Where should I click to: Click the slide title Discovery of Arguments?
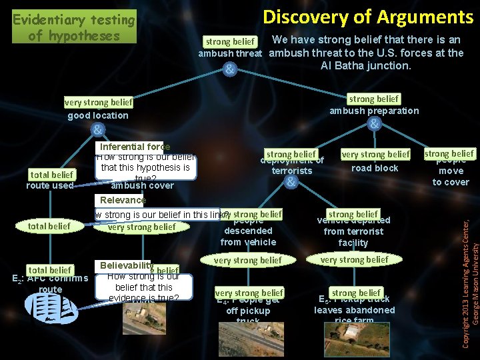[x=367, y=16]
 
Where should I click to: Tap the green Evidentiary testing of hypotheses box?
[x=73, y=27]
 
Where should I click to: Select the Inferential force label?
[x=135, y=147]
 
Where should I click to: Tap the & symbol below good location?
[x=97, y=129]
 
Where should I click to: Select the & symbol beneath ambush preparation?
[x=375, y=125]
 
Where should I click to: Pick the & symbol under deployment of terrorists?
[x=291, y=181]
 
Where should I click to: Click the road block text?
[x=375, y=168]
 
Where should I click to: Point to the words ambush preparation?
[x=374, y=111]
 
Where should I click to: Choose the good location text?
[x=98, y=115]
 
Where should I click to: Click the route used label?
[x=49, y=185]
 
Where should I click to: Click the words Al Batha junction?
[x=365, y=65]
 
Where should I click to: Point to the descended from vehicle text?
[x=248, y=237]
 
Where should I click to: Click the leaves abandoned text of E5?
[x=354, y=310]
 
